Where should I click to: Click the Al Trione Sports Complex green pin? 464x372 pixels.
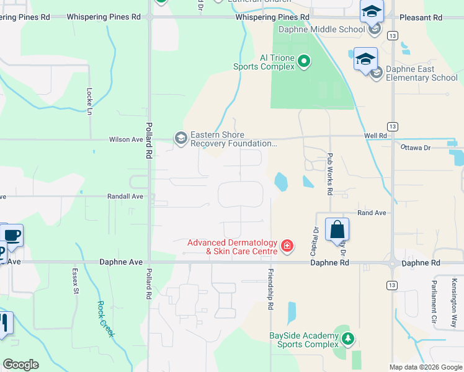pyautogui.click(x=304, y=61)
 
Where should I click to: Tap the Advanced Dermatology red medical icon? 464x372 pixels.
pyautogui.click(x=287, y=246)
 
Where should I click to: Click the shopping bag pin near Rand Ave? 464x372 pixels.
pyautogui.click(x=337, y=229)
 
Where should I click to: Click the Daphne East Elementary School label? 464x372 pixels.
pyautogui.click(x=421, y=73)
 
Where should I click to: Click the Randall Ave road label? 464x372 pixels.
pyautogui.click(x=126, y=196)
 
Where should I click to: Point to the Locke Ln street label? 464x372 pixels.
pyautogui.click(x=89, y=100)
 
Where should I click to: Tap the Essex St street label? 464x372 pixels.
pyautogui.click(x=74, y=281)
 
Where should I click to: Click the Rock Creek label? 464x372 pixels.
pyautogui.click(x=105, y=319)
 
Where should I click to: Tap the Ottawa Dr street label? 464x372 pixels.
pyautogui.click(x=415, y=148)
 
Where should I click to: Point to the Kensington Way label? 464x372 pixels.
pyautogui.click(x=454, y=294)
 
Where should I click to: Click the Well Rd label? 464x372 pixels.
pyautogui.click(x=376, y=135)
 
